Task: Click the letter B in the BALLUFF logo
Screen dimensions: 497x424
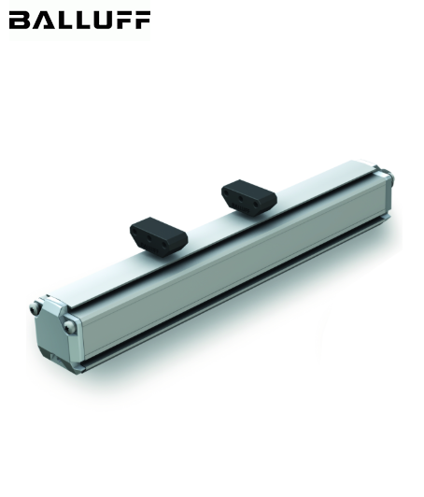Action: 18,20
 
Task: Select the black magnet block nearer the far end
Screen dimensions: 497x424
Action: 248,197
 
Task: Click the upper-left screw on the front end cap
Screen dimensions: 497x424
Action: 35,306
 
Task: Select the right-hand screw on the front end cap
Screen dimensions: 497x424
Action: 71,325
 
